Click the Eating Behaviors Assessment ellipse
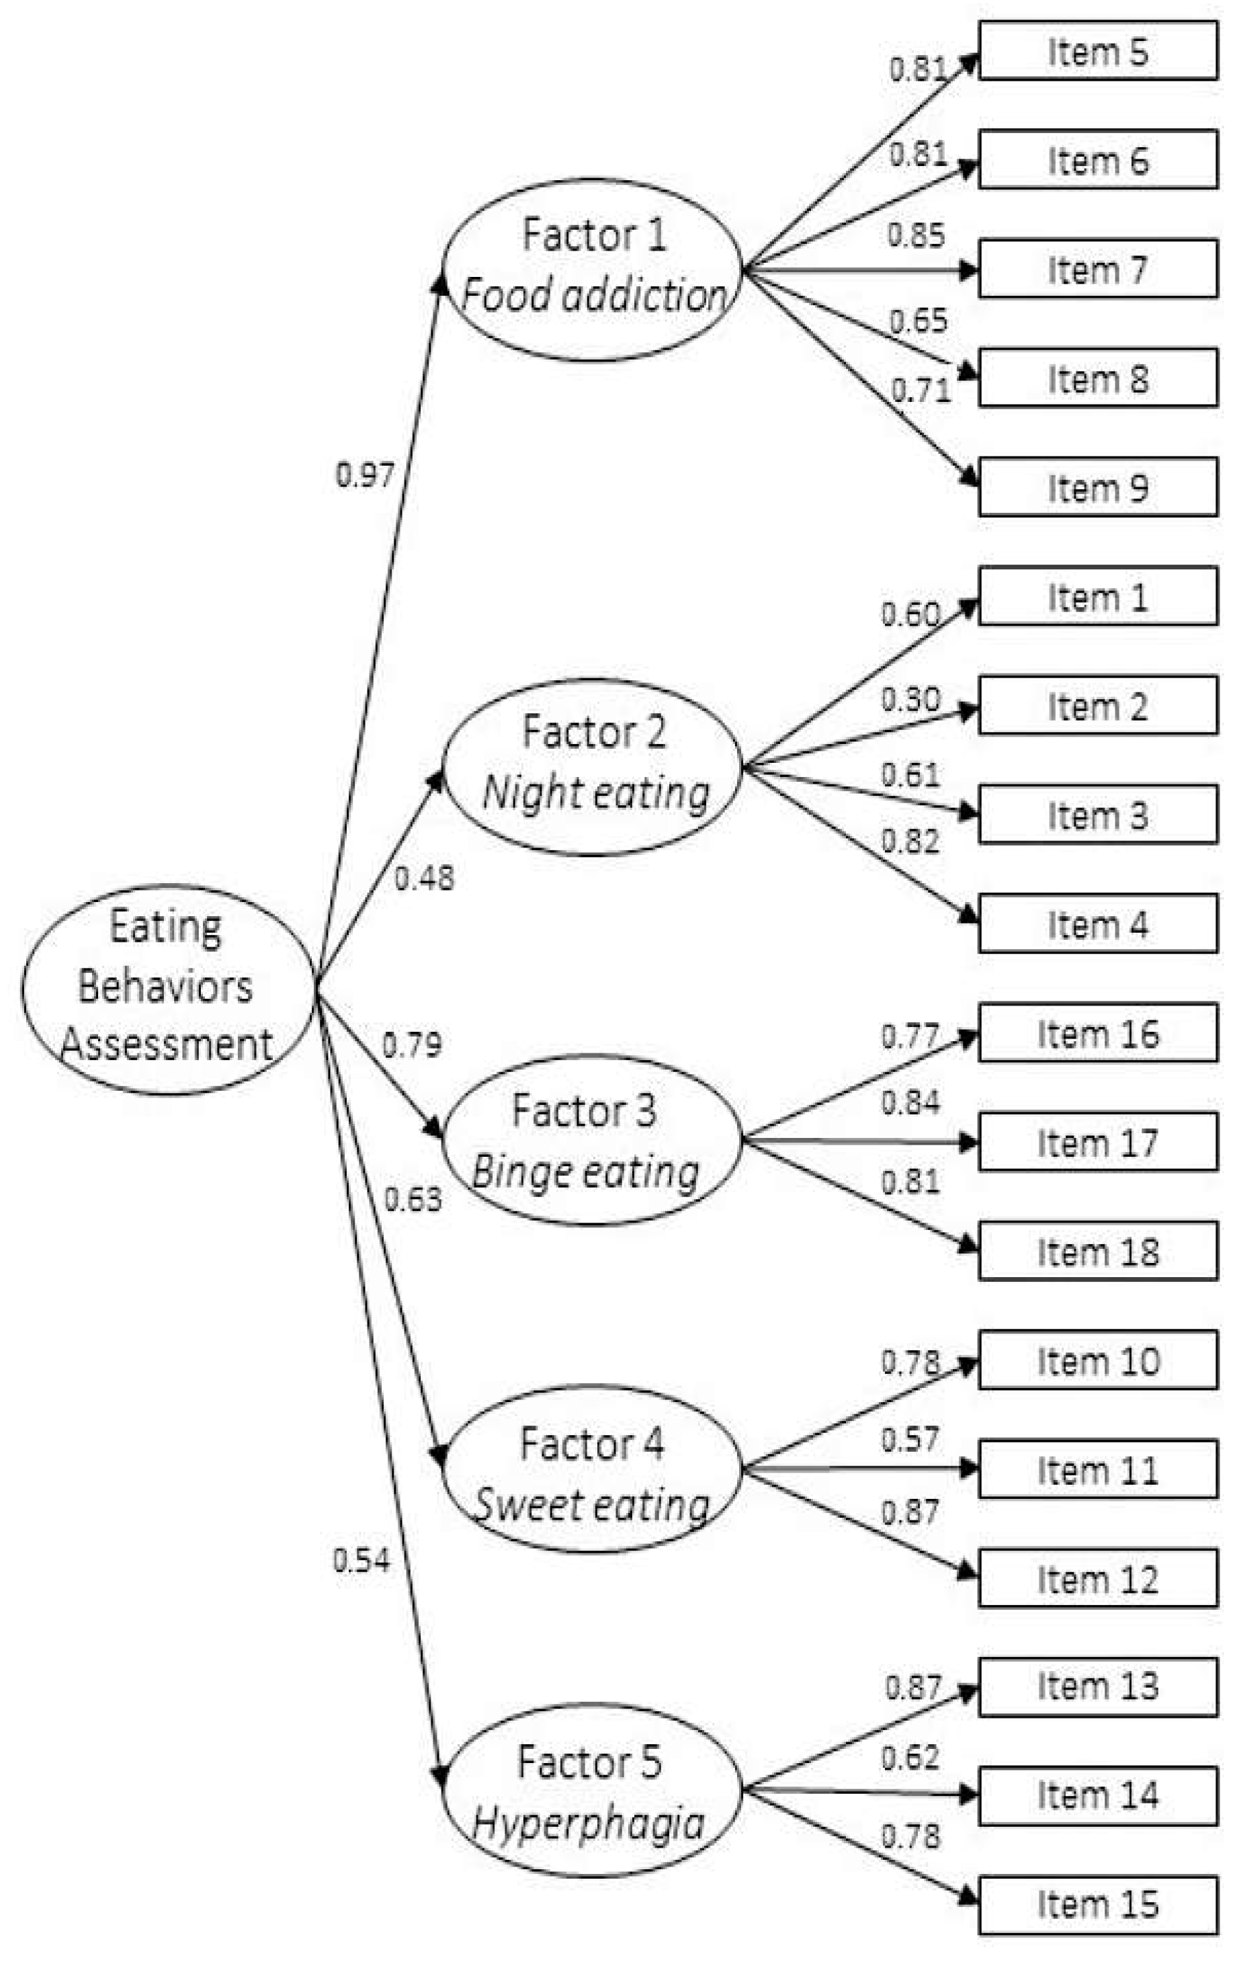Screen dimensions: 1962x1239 pyautogui.click(x=168, y=988)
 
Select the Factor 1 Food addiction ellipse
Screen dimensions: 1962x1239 pyautogui.click(x=592, y=269)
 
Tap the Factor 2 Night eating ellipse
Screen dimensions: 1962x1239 pyautogui.click(x=592, y=766)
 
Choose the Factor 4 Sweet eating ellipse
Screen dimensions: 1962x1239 pyautogui.click(x=592, y=1468)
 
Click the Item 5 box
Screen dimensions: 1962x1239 pyautogui.click(x=1097, y=51)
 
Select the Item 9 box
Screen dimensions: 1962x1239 pyautogui.click(x=1097, y=487)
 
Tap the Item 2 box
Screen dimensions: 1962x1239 pyautogui.click(x=1097, y=706)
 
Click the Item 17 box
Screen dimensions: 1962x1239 pyautogui.click(x=1097, y=1143)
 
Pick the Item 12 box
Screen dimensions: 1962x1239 pyautogui.click(x=1097, y=1579)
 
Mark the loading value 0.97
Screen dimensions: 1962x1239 pyautogui.click(x=365, y=475)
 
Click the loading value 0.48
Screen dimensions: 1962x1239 pyautogui.click(x=423, y=878)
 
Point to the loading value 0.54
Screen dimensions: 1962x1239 pyautogui.click(x=361, y=1559)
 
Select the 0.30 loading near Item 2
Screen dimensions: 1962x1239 pyautogui.click(x=910, y=699)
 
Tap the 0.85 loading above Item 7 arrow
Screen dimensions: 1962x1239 pyautogui.click(x=916, y=235)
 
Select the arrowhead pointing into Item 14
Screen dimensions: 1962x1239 pyautogui.click(x=968, y=1794)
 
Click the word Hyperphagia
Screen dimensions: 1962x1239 pyautogui.click(x=588, y=1824)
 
